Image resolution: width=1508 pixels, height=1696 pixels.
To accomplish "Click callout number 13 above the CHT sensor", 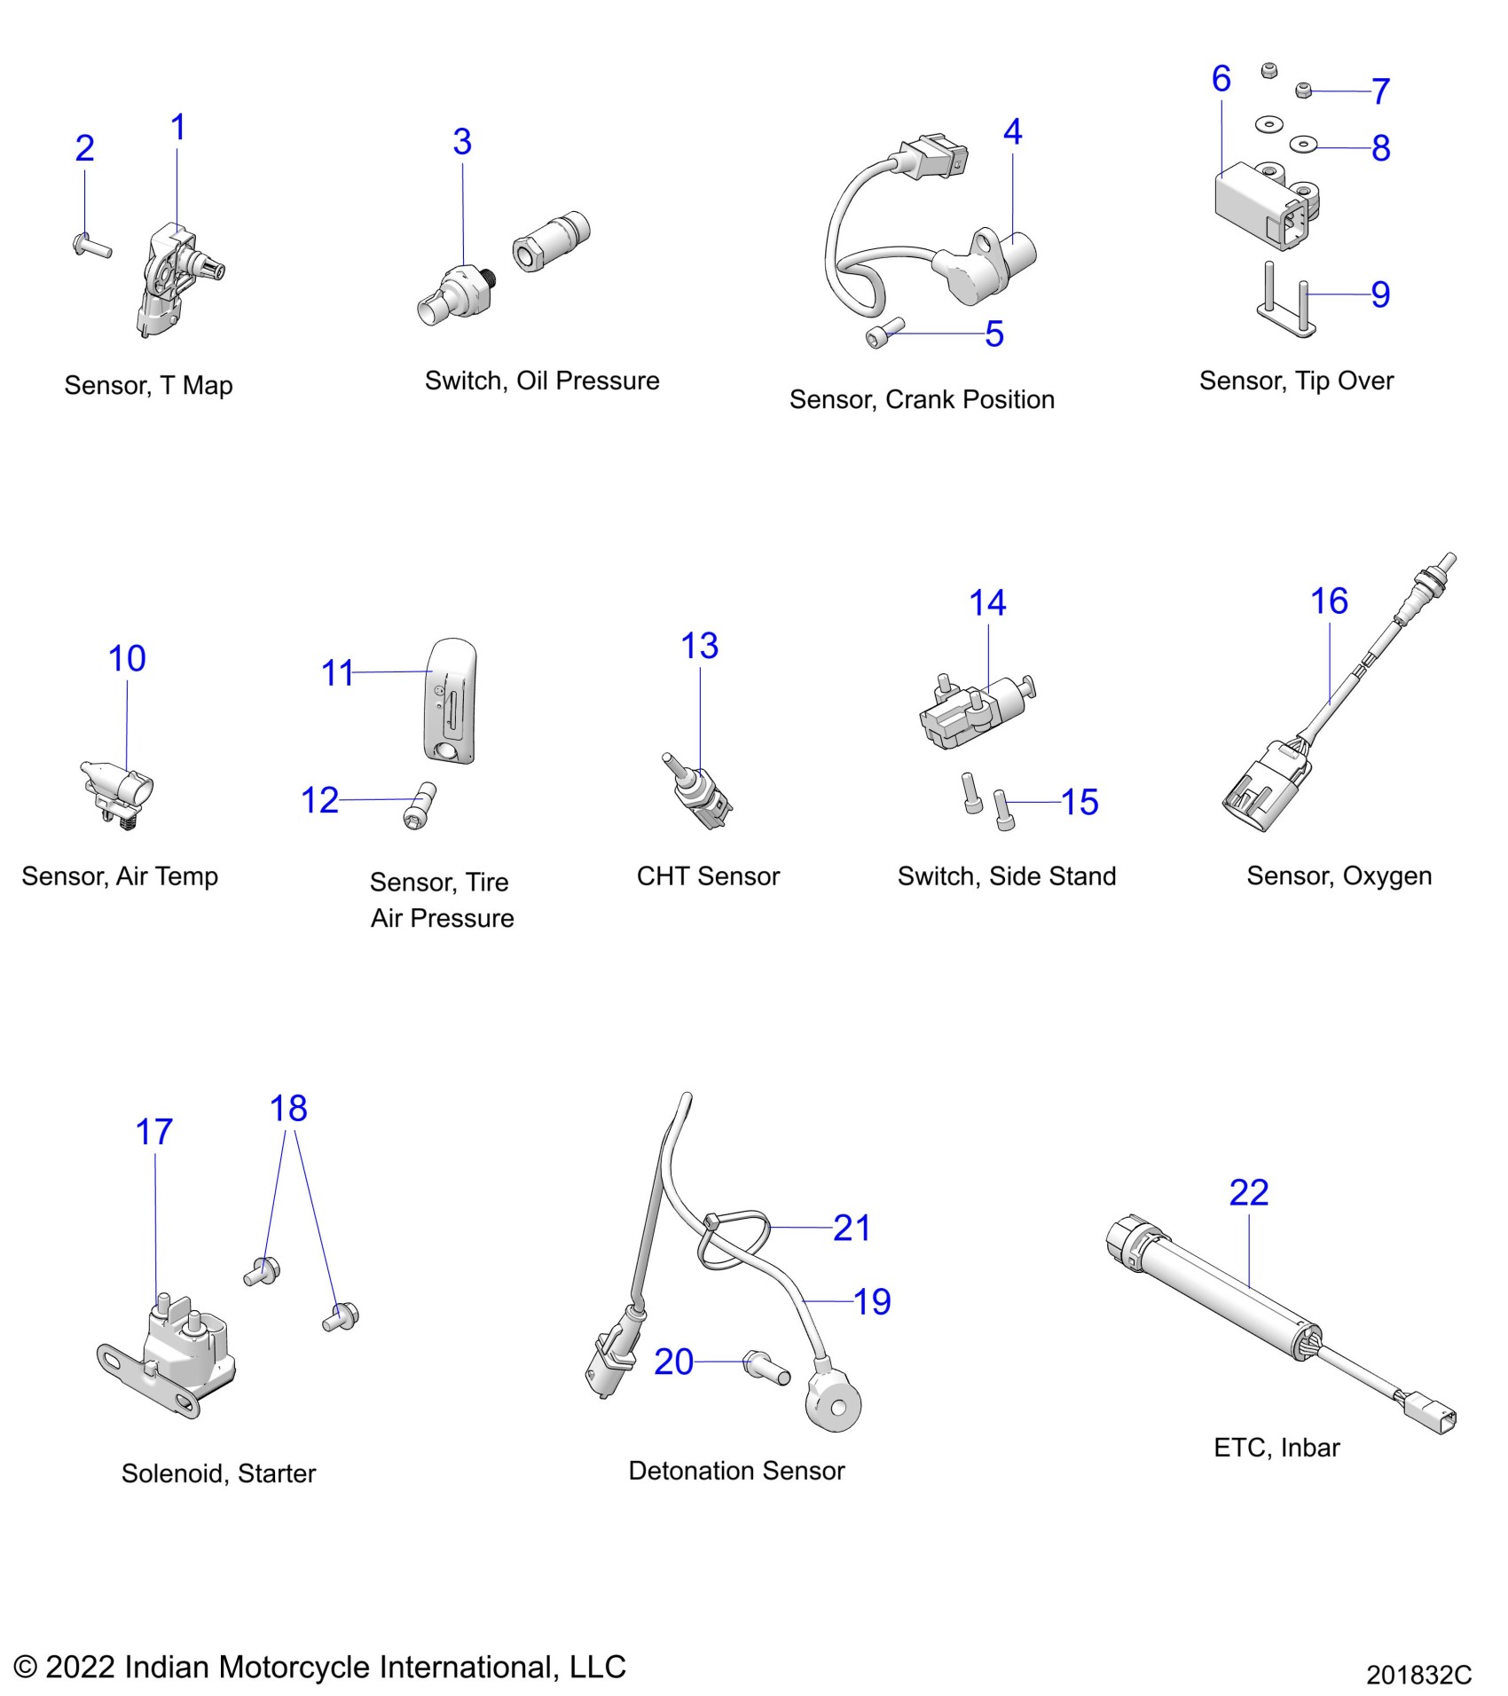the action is click(x=699, y=646).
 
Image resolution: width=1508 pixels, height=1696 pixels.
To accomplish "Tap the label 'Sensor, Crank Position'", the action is click(x=922, y=399).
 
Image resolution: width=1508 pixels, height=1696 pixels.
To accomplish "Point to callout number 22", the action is click(x=1248, y=1192).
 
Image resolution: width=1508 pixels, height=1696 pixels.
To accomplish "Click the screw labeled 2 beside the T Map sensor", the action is click(x=91, y=244).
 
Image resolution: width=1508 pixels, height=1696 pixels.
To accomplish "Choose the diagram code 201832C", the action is click(x=1418, y=1675).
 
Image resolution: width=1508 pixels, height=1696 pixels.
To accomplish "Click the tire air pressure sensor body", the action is click(x=451, y=700).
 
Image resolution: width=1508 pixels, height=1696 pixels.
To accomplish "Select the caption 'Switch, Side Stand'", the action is click(x=1006, y=876).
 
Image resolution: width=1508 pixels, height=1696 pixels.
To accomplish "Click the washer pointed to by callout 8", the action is click(x=1303, y=143).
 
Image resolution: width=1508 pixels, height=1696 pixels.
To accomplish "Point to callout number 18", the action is click(x=288, y=1108).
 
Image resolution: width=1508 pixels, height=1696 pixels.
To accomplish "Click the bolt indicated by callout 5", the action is click(x=884, y=334).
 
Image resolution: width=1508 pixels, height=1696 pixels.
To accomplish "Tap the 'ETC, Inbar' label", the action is click(x=1276, y=1448).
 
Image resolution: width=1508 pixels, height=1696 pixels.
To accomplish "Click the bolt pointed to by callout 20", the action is click(x=767, y=1367).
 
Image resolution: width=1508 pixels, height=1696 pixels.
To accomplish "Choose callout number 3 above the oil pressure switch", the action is click(x=462, y=142).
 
